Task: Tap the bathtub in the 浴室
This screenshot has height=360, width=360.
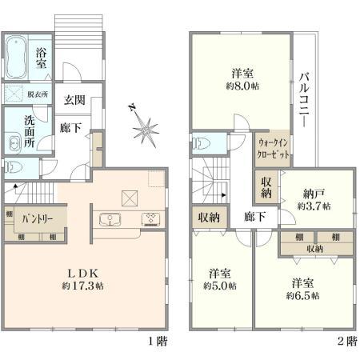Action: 18,55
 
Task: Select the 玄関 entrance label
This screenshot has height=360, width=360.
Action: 74,100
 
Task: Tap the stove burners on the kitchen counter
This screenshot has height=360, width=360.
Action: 149,219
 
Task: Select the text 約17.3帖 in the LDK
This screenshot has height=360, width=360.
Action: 78,285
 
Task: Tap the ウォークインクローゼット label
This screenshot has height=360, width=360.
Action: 270,145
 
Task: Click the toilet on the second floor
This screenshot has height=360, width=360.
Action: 201,144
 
